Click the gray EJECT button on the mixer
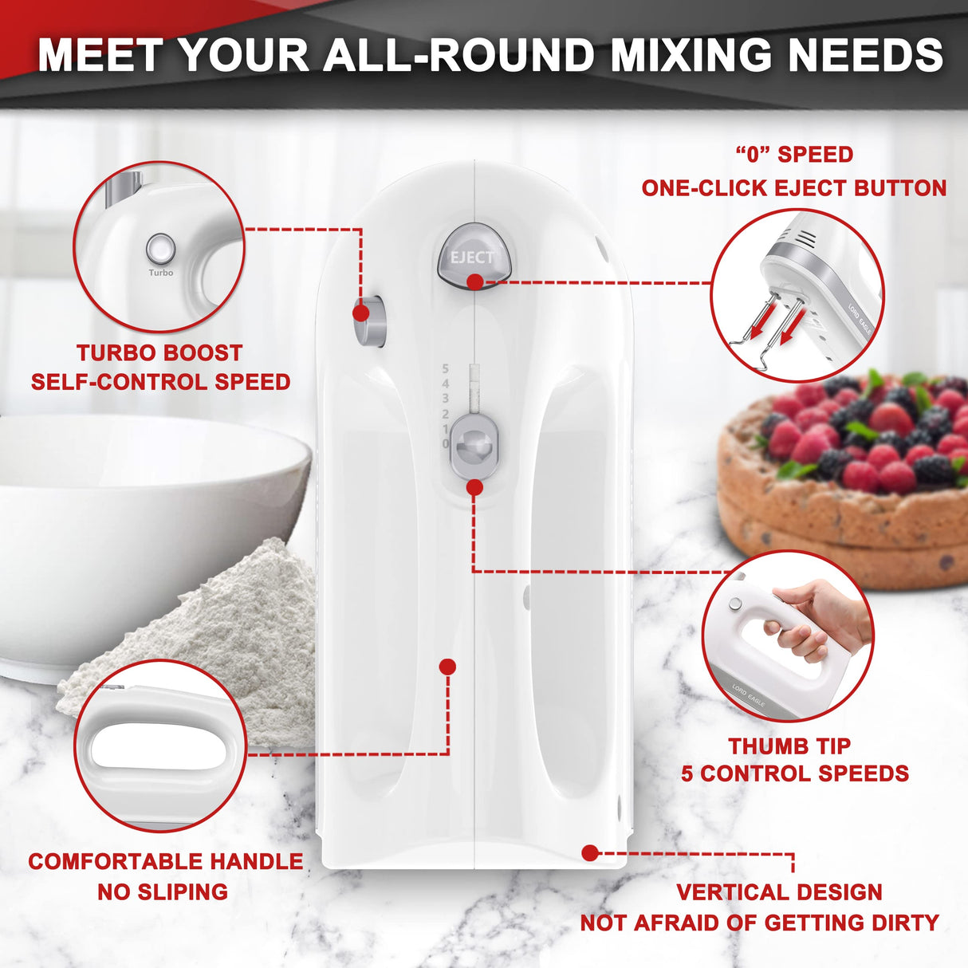pyautogui.click(x=472, y=254)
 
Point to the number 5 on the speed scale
pyautogui.click(x=445, y=369)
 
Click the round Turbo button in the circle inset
pyautogui.click(x=160, y=249)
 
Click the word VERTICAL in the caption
pyautogui.click(x=730, y=892)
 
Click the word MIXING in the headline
pyautogui.click(x=690, y=55)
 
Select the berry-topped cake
pyautogui.click(x=853, y=478)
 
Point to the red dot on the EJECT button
pyautogui.click(x=474, y=281)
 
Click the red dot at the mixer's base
pyautogui.click(x=589, y=853)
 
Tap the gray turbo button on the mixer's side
pyautogui.click(x=369, y=321)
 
